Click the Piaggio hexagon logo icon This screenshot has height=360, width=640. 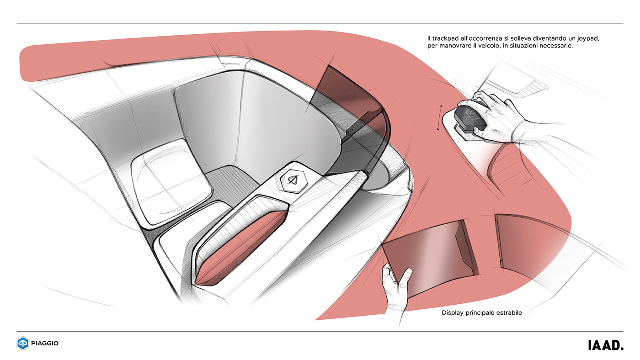click(x=23, y=343)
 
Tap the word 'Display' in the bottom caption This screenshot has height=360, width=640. click(x=453, y=313)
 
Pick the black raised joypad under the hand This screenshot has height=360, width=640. click(x=471, y=116)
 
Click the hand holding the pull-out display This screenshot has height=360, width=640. click(x=396, y=288)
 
